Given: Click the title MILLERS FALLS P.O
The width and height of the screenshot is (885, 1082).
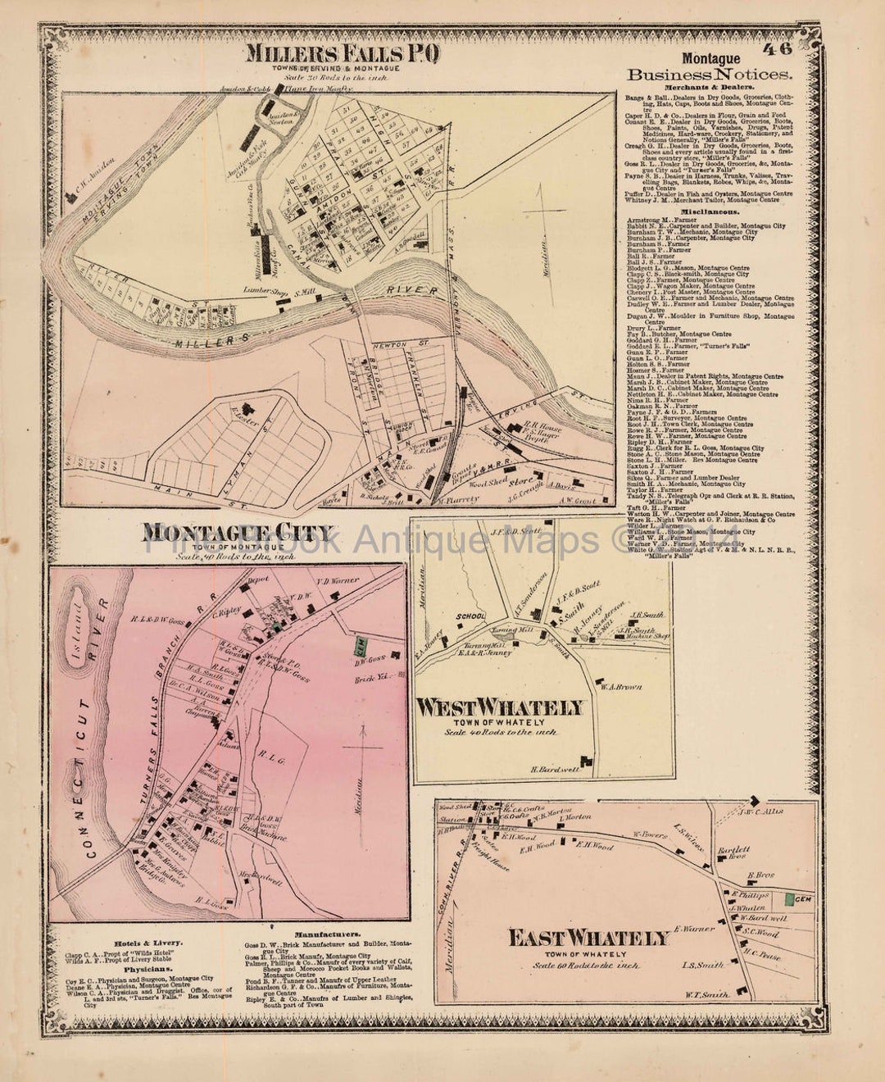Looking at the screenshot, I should pos(343,53).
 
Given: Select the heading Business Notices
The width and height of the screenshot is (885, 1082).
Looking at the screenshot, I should pos(710,75).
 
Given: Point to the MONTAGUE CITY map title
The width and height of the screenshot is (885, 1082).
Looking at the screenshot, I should pos(238,533).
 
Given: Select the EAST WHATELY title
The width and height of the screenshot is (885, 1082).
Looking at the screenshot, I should pos(588,938).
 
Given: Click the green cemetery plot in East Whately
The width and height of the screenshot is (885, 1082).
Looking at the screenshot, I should pos(788,899).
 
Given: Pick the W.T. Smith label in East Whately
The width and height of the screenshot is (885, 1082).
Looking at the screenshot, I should pos(705,994).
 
